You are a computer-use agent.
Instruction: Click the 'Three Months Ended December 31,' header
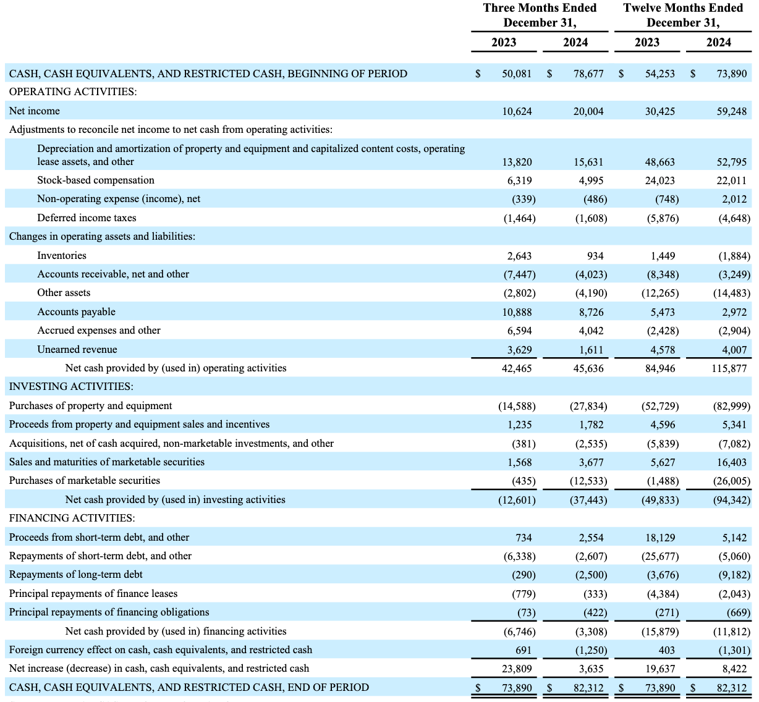pyautogui.click(x=540, y=15)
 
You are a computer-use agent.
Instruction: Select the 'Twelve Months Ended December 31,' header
pyautogui.click(x=683, y=15)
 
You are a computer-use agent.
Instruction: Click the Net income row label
pyautogui.click(x=35, y=111)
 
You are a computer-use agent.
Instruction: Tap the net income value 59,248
pyautogui.click(x=731, y=112)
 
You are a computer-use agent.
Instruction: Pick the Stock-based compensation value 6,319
pyautogui.click(x=517, y=180)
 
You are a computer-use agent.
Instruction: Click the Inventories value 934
pyautogui.click(x=595, y=256)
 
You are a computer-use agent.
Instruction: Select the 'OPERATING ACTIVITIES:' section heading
pyautogui.click(x=73, y=91)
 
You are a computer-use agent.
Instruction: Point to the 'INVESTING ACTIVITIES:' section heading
pyautogui.click(x=71, y=387)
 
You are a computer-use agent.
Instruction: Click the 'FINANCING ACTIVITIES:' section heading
pyautogui.click(x=72, y=518)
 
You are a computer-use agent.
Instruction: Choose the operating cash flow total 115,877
pyautogui.click(x=729, y=368)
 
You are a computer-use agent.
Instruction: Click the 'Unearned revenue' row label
pyautogui.click(x=77, y=350)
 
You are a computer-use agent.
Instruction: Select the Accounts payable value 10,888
pyautogui.click(x=517, y=312)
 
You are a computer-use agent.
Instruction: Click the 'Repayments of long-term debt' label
pyautogui.click(x=76, y=575)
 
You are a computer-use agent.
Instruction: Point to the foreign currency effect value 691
pyautogui.click(x=523, y=650)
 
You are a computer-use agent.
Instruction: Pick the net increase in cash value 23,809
pyautogui.click(x=517, y=669)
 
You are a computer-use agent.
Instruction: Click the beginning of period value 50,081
pyautogui.click(x=517, y=74)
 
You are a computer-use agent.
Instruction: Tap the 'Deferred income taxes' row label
pyautogui.click(x=87, y=218)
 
